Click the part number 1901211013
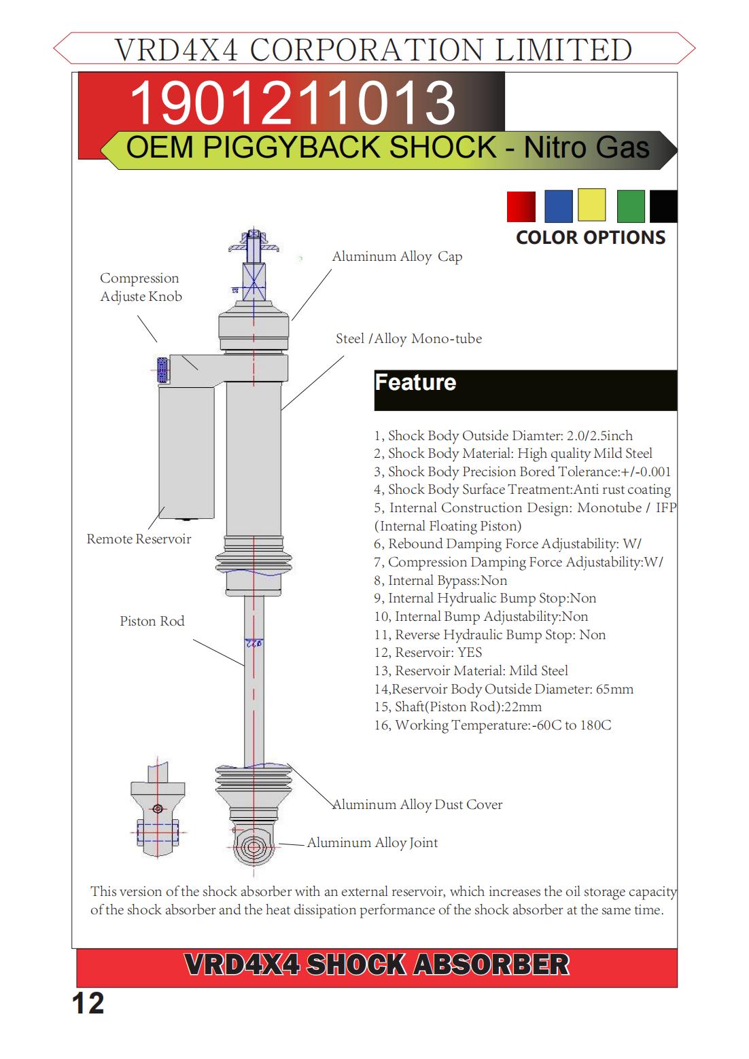pos(292,103)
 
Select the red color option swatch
pos(521,207)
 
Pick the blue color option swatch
pos(558,207)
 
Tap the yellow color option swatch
pos(591,204)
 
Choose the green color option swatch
pos(630,207)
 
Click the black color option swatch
pos(663,207)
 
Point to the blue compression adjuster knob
pos(162,370)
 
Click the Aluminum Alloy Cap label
pos(397,257)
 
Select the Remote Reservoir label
pos(139,539)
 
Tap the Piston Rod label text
pos(152,622)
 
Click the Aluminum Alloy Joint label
pos(372,843)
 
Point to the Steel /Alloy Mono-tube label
pos(408,339)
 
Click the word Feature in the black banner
pos(415,382)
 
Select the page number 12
pos(88,1004)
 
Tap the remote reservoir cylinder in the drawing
pos(186,452)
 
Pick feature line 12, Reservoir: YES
pos(428,653)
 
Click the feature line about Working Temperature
pos(492,725)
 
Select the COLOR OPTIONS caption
pos(590,238)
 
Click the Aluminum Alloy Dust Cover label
pos(417,805)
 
